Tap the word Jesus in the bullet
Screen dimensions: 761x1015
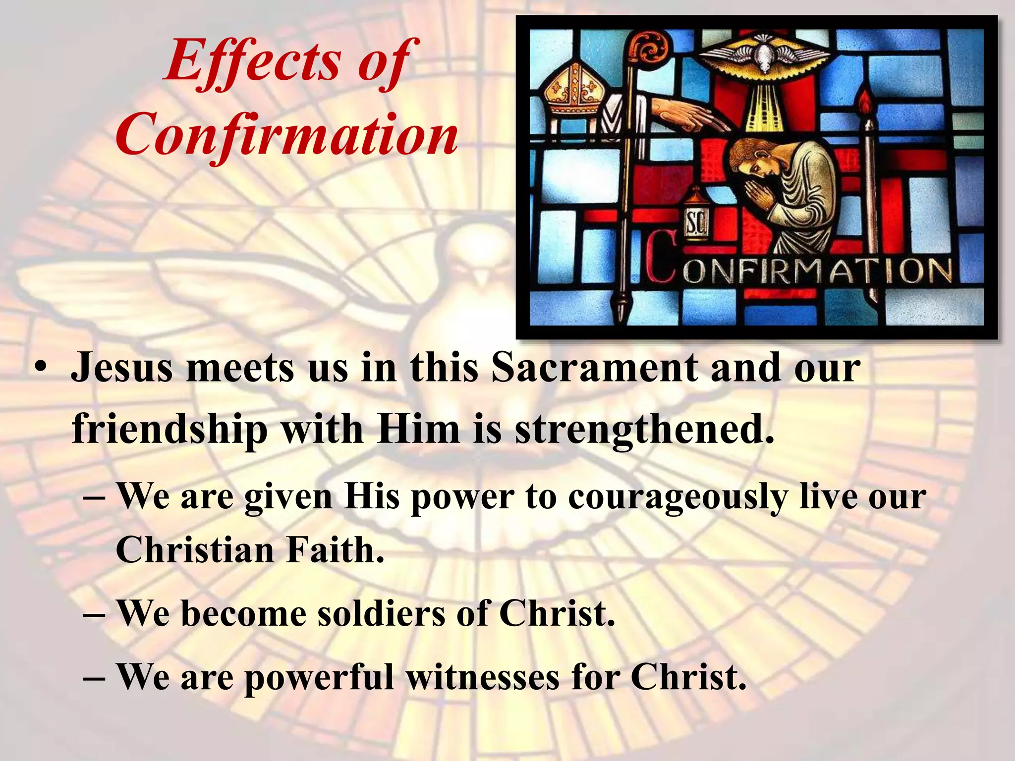[x=122, y=369]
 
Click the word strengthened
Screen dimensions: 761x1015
[x=643, y=429]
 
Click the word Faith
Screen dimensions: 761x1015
[x=335, y=550]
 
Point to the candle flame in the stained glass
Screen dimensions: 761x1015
[x=866, y=104]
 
